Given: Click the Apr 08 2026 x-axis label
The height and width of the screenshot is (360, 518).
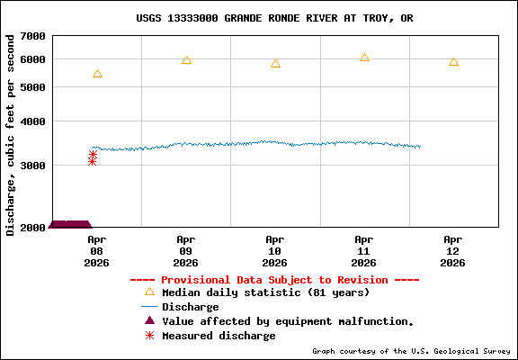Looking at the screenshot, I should point(96,251).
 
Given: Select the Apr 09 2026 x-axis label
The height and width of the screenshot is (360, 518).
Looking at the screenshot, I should point(185,251).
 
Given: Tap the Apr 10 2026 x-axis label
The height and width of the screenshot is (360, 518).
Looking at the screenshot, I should point(274,251).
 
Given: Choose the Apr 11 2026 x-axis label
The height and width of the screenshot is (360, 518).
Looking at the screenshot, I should point(363,251).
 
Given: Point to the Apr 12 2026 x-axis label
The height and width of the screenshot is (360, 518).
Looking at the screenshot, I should point(452,251).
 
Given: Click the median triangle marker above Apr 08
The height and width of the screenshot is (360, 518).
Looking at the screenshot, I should point(97,74).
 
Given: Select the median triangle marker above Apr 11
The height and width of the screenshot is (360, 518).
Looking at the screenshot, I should point(364,58).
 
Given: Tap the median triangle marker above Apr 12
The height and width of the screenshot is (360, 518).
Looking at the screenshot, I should point(453,62).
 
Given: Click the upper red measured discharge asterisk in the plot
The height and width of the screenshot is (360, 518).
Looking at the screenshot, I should point(93,154).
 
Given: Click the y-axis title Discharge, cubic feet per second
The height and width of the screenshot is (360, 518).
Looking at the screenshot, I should point(11,135).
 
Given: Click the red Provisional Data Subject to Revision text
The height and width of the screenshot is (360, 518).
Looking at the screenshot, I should point(274,280).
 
